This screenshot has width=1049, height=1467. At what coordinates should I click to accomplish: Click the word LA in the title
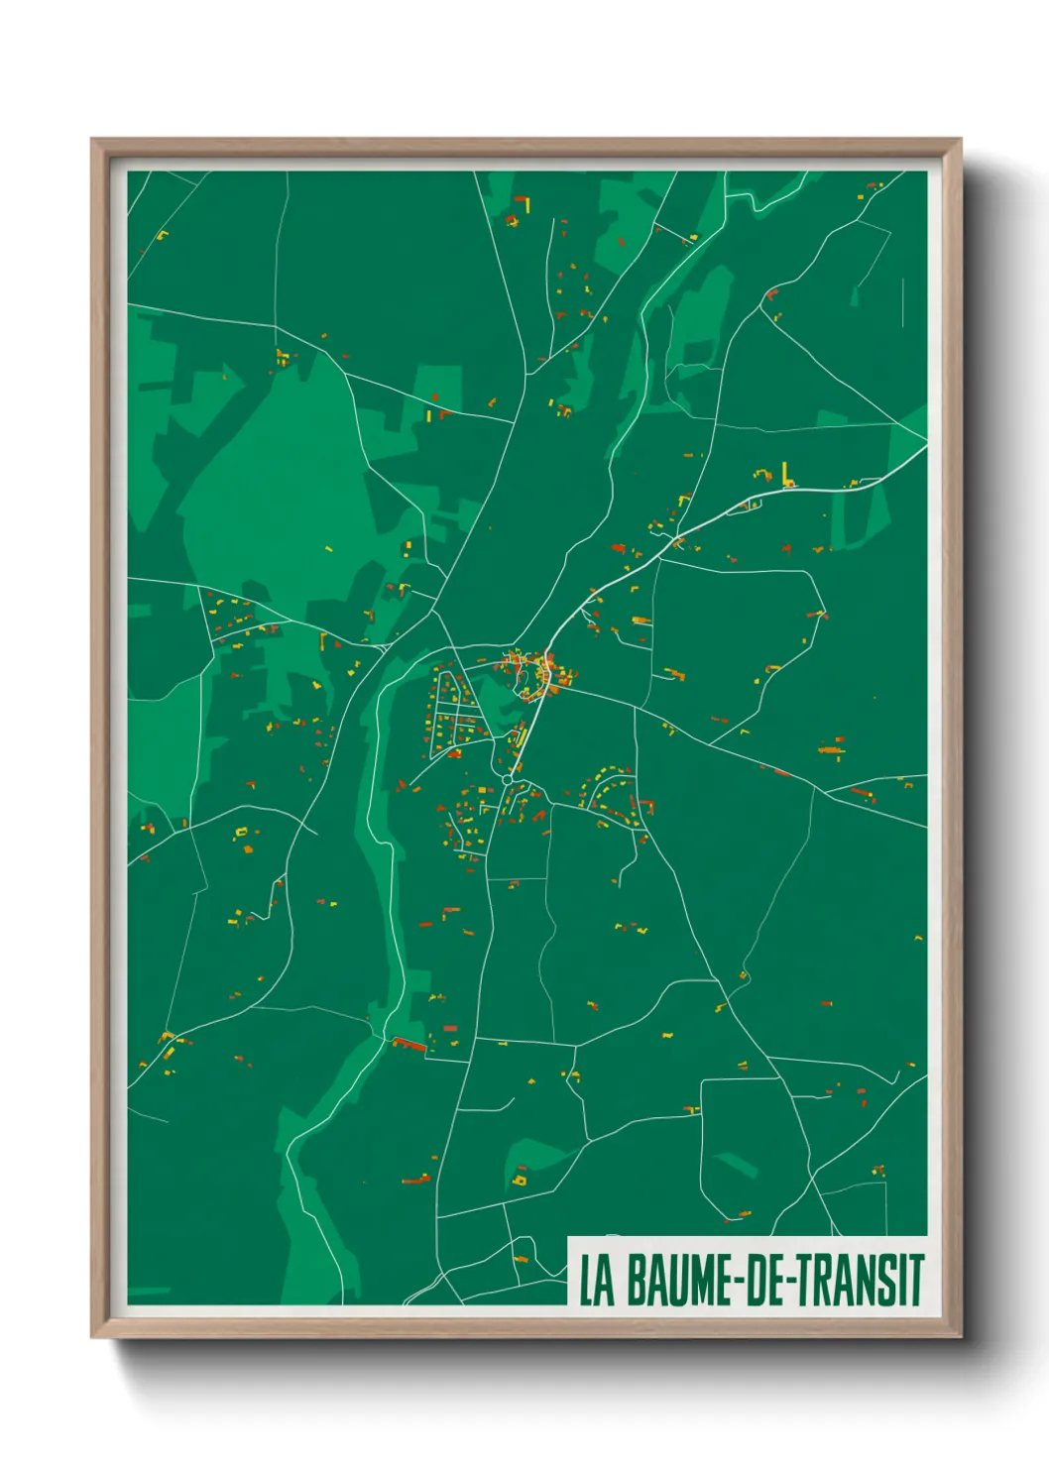[595, 1281]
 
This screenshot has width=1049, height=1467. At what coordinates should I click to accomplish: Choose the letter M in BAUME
[697, 1281]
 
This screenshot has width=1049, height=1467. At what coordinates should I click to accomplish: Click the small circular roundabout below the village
[508, 780]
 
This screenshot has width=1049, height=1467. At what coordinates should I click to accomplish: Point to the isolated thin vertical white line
[903, 300]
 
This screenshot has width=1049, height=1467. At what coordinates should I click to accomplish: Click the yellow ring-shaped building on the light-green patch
[519, 1181]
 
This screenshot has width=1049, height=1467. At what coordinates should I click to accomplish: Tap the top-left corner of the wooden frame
[94, 142]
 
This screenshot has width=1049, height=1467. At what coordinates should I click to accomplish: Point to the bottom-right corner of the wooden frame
[959, 1335]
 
